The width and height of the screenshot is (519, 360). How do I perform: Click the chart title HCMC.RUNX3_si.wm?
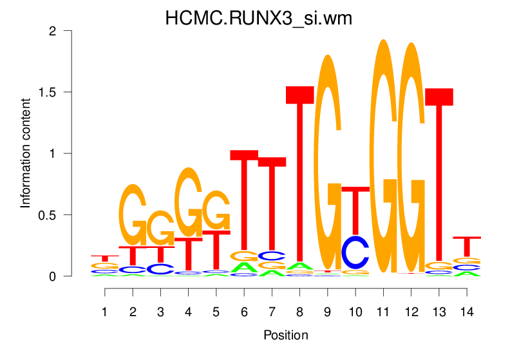point(259,18)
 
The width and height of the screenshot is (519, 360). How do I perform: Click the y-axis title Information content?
point(26,153)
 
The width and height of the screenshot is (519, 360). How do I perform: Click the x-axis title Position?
point(285,335)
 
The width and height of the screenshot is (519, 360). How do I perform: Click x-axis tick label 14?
point(467,312)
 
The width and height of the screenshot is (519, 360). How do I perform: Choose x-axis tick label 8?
point(299,312)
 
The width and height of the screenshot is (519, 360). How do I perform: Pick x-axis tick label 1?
point(105,312)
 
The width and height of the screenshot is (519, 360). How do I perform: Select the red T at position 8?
point(299,174)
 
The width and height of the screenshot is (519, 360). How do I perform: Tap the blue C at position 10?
point(355,252)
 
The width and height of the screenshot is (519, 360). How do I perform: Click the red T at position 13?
point(439,174)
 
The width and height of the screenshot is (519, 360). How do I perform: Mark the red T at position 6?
point(244,200)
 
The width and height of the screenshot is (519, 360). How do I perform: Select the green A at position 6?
point(244,267)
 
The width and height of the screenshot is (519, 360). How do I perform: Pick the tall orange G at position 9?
point(328,161)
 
